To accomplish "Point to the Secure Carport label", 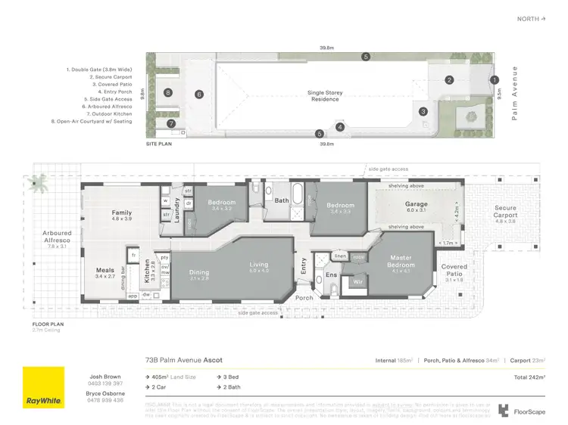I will point(505,212).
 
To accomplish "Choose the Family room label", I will point(122,213).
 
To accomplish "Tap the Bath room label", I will point(282,200).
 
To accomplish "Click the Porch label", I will point(304,298).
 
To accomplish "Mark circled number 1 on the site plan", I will point(494,79).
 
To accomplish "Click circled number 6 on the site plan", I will point(199,95).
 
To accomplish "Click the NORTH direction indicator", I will point(530,18).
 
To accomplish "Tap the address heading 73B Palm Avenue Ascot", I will point(183,360).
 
